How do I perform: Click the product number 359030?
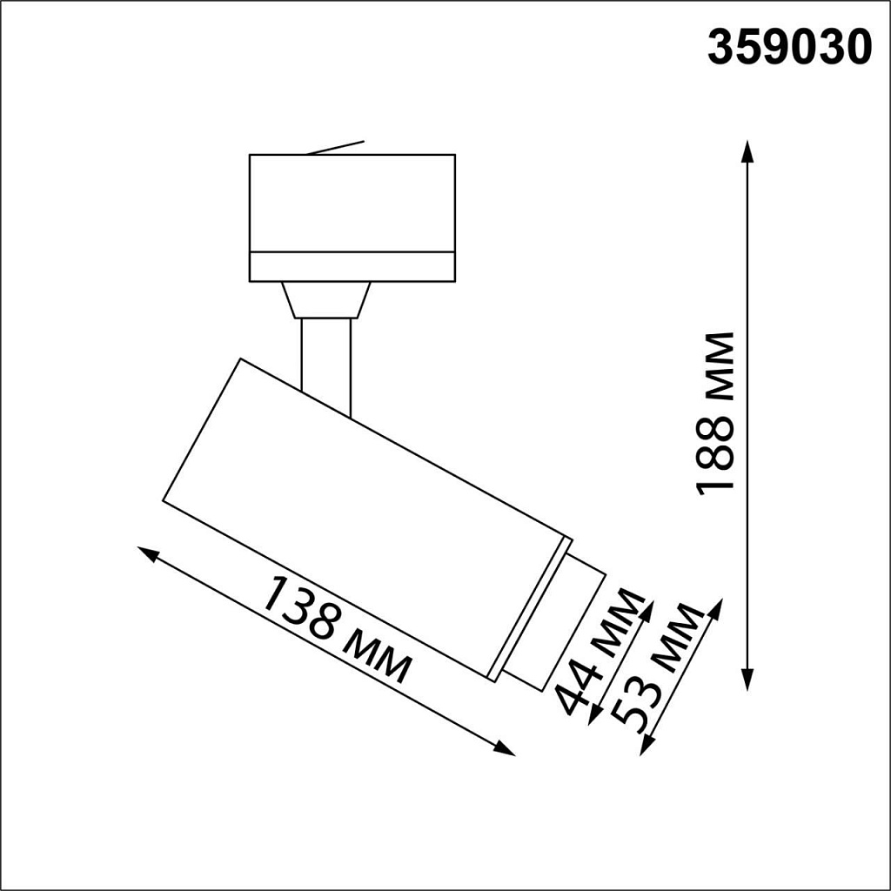(788, 48)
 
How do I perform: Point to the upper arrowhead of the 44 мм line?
(648, 607)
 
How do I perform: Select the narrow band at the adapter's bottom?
(352, 267)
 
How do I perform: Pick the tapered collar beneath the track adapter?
(326, 300)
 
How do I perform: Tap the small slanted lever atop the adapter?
(335, 148)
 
